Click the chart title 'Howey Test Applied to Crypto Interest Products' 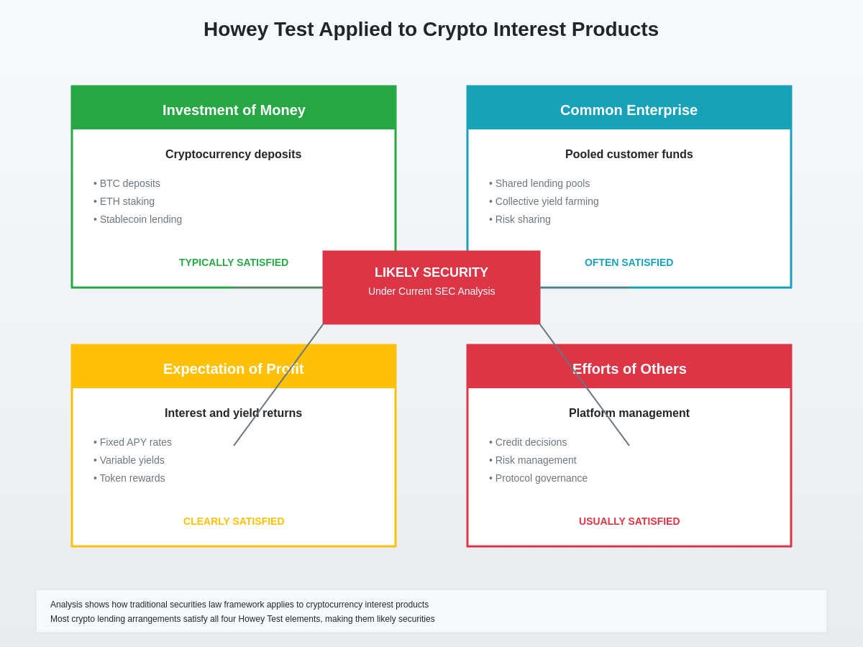click(431, 29)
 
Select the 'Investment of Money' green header click(234, 110)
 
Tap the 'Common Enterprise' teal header click(629, 110)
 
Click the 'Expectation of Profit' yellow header click(234, 369)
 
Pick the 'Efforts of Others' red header click(629, 369)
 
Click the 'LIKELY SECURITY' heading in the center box click(431, 272)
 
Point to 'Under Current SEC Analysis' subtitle click(431, 291)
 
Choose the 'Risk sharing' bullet click(522, 219)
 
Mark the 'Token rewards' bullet click(132, 478)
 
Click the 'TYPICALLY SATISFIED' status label click(234, 262)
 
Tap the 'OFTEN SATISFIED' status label click(629, 262)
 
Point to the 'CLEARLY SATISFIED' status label click(234, 521)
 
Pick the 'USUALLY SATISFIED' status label click(629, 521)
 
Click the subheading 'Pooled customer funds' click(629, 155)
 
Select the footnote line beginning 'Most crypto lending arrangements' click(242, 619)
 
